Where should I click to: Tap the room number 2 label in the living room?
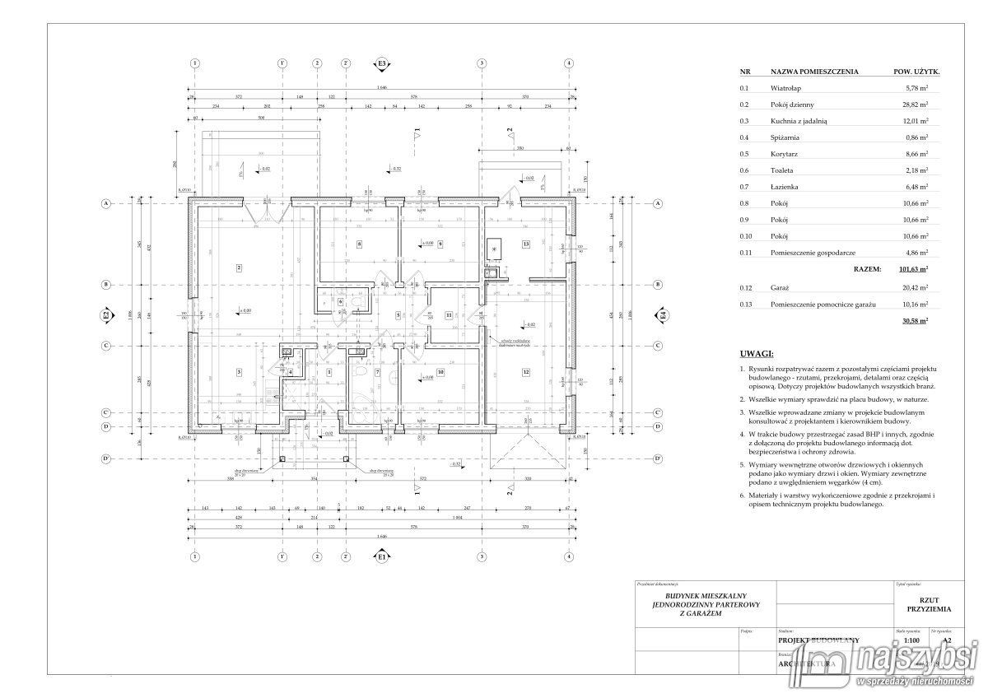pos(238,268)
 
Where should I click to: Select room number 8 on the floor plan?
pos(360,244)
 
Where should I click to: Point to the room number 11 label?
pos(448,315)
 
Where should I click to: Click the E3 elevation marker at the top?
pos(381,63)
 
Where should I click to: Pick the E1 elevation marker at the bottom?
pos(381,557)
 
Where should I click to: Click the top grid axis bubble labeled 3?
pos(481,63)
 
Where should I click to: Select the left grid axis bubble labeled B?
pos(105,285)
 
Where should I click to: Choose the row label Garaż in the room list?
pos(781,288)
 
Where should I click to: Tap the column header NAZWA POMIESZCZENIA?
pos(813,72)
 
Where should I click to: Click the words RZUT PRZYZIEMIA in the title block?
pos(929,604)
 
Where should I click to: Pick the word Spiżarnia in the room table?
pos(785,137)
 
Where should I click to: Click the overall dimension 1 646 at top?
pos(381,88)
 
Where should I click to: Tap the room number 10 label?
pos(440,372)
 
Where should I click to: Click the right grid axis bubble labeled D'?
pos(659,458)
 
